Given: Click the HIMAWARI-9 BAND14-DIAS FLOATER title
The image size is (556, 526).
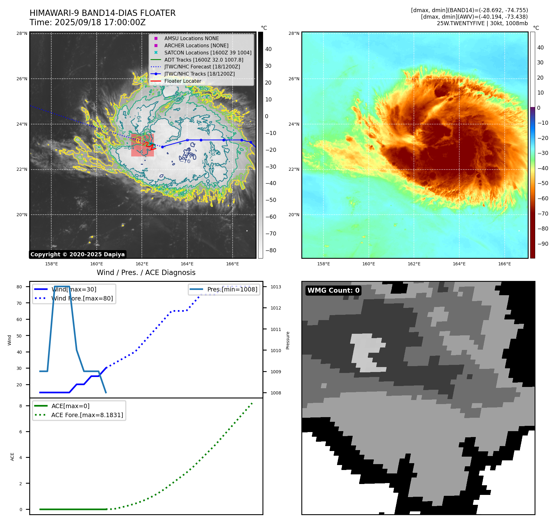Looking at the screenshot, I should click(102, 13).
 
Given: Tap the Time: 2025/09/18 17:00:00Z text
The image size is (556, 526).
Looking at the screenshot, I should click(87, 22).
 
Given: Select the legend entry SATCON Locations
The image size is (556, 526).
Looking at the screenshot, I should click(208, 53).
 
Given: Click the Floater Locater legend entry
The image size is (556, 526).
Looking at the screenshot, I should click(183, 81).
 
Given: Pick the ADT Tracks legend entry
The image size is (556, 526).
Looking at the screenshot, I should click(204, 60).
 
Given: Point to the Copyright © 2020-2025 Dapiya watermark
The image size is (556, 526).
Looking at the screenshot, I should click(77, 254).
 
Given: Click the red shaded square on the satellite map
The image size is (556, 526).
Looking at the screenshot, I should click(142, 145).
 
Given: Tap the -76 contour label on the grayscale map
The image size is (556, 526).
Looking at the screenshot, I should click(186, 161).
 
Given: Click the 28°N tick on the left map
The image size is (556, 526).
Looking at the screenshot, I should click(22, 34).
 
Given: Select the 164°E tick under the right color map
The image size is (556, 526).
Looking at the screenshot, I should click(459, 264).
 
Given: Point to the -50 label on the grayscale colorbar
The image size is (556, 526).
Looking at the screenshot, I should click(271, 200).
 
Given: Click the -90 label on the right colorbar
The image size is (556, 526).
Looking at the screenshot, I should click(543, 244).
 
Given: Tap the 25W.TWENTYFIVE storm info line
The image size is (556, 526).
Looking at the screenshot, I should click(482, 23).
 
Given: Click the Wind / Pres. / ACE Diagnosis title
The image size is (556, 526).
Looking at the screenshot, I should click(146, 272).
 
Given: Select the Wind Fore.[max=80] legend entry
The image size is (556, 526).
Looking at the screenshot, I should click(82, 298).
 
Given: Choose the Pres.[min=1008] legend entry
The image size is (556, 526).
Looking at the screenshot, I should click(232, 289).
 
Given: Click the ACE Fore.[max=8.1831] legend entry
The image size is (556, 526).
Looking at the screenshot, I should click(87, 415).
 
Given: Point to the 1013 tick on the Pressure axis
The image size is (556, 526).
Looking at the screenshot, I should click(276, 287).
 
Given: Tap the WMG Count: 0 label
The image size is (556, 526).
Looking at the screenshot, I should click(333, 290).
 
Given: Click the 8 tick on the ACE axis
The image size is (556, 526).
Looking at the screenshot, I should click(21, 406).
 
